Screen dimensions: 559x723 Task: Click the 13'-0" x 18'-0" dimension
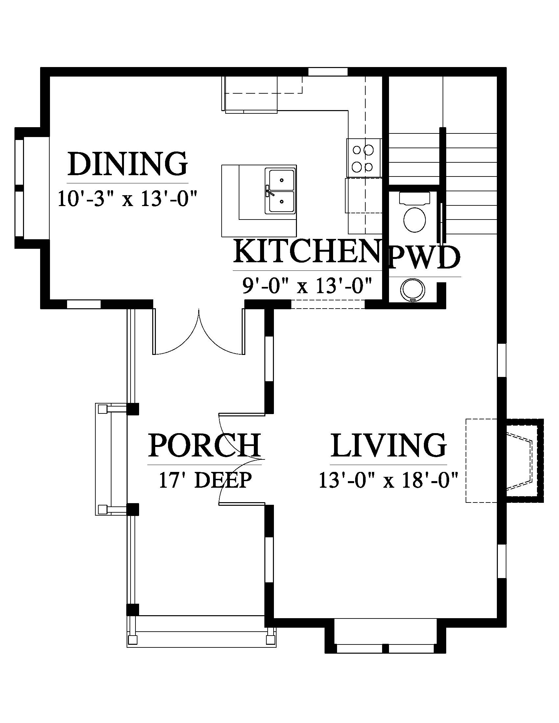click(x=388, y=480)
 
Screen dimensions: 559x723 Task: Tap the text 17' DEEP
click(x=205, y=480)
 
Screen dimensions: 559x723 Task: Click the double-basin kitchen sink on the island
click(x=279, y=190)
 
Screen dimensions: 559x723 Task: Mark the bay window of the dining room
click(x=28, y=188)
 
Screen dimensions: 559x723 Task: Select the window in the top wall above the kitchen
click(x=328, y=72)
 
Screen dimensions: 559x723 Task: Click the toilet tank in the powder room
click(x=415, y=198)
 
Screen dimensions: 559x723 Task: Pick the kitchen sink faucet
click(x=269, y=191)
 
